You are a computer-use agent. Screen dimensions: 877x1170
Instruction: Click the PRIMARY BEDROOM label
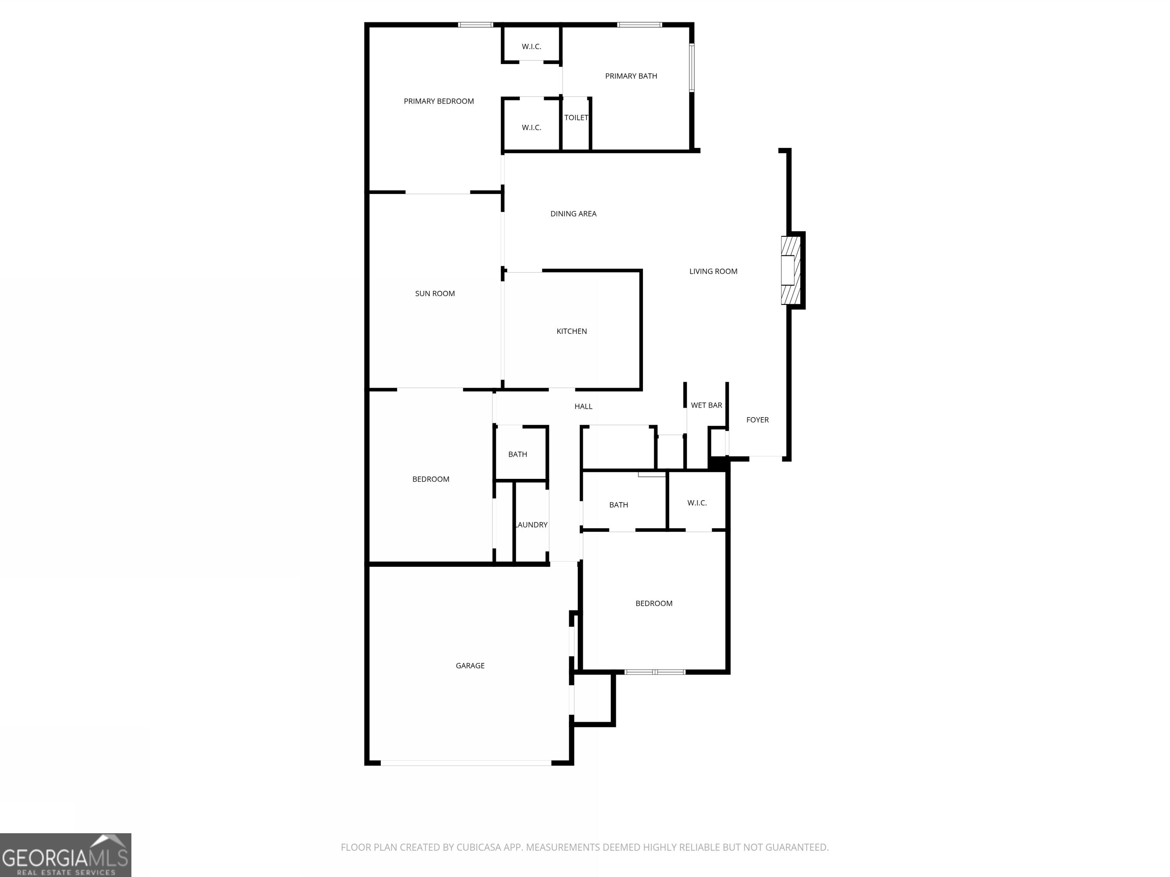438,101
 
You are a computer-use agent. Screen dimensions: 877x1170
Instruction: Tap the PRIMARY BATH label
631,76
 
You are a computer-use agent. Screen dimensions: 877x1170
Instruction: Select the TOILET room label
576,117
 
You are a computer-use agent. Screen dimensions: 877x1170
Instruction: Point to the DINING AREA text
573,214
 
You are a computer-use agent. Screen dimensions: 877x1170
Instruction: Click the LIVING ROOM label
713,271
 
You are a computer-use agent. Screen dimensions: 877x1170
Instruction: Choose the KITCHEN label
571,331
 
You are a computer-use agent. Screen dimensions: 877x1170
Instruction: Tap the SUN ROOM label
435,293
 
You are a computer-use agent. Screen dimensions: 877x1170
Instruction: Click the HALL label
583,406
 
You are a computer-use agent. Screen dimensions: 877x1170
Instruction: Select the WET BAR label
706,405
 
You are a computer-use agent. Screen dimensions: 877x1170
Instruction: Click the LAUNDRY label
532,525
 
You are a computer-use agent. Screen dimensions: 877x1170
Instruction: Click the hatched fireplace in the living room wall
790,270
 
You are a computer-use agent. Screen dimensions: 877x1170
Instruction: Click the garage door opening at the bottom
465,763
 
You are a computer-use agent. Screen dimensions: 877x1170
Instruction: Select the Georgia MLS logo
66,855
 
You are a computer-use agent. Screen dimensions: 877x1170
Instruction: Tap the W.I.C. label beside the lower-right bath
697,503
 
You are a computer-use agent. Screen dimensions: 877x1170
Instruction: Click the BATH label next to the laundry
517,454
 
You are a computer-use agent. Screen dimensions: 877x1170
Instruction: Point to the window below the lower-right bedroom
655,672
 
